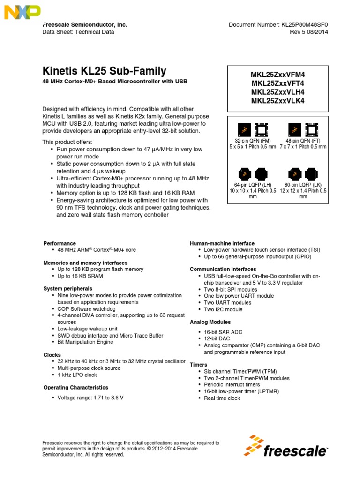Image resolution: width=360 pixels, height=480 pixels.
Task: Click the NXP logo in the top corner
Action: pos(22,12)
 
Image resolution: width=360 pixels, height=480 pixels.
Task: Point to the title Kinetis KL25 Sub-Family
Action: pos(104,71)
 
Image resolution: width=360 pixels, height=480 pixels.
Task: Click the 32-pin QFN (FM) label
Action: pos(252,141)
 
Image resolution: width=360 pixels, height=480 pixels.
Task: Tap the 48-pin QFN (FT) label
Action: pos(303,141)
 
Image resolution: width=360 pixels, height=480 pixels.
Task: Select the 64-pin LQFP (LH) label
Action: pos(252,185)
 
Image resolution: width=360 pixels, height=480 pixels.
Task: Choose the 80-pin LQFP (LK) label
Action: pos(303,185)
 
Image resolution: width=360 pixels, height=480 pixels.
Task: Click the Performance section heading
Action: pos(60,243)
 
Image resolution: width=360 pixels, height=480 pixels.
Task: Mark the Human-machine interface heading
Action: pos(222,243)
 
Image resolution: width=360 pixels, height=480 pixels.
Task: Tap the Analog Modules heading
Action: pos(210,322)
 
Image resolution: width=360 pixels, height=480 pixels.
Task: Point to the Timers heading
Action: pos(199,364)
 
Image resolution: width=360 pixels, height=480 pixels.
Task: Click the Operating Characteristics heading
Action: pos(76,388)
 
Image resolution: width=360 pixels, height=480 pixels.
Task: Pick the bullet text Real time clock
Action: pos(222,398)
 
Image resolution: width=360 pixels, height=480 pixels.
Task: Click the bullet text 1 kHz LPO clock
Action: pos(77,375)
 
